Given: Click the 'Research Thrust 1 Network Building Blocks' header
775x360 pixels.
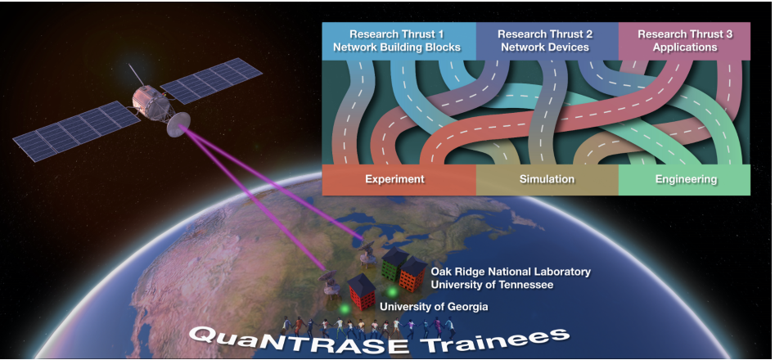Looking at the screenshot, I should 397,41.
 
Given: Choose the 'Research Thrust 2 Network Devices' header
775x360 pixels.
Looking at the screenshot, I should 544,41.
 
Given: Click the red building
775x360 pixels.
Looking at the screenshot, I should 361,293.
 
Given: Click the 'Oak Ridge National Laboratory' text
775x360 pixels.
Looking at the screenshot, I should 510,272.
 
